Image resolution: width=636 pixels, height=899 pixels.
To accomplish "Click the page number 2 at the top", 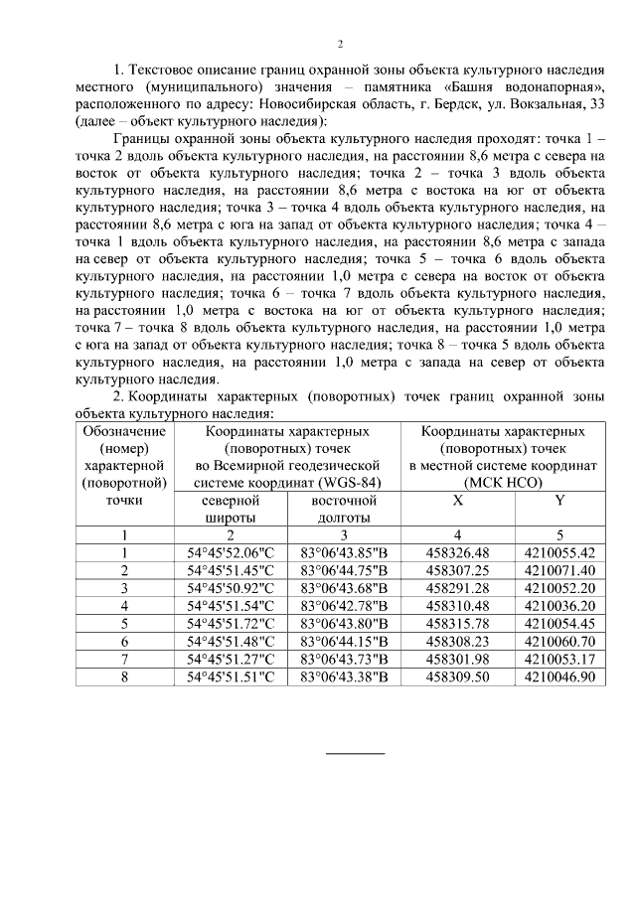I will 340,45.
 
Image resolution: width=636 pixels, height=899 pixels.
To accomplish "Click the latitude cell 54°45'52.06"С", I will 230,552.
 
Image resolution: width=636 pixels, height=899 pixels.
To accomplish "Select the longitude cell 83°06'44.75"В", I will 342,570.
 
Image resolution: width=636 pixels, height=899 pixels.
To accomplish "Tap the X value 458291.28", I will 457,588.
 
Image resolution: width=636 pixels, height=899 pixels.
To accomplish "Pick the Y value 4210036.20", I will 559,605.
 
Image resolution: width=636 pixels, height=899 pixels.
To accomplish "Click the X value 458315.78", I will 457,623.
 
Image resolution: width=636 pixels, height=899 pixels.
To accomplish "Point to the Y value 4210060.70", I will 559,641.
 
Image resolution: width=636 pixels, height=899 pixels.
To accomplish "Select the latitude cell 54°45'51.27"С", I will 230,659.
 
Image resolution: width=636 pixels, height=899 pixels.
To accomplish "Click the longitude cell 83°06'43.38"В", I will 342,676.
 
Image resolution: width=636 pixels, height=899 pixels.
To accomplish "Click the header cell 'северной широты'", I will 230,509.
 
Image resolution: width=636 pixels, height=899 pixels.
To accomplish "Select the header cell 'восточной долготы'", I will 342,509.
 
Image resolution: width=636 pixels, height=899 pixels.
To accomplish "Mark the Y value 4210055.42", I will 559,552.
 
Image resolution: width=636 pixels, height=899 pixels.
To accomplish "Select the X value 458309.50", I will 457,676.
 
